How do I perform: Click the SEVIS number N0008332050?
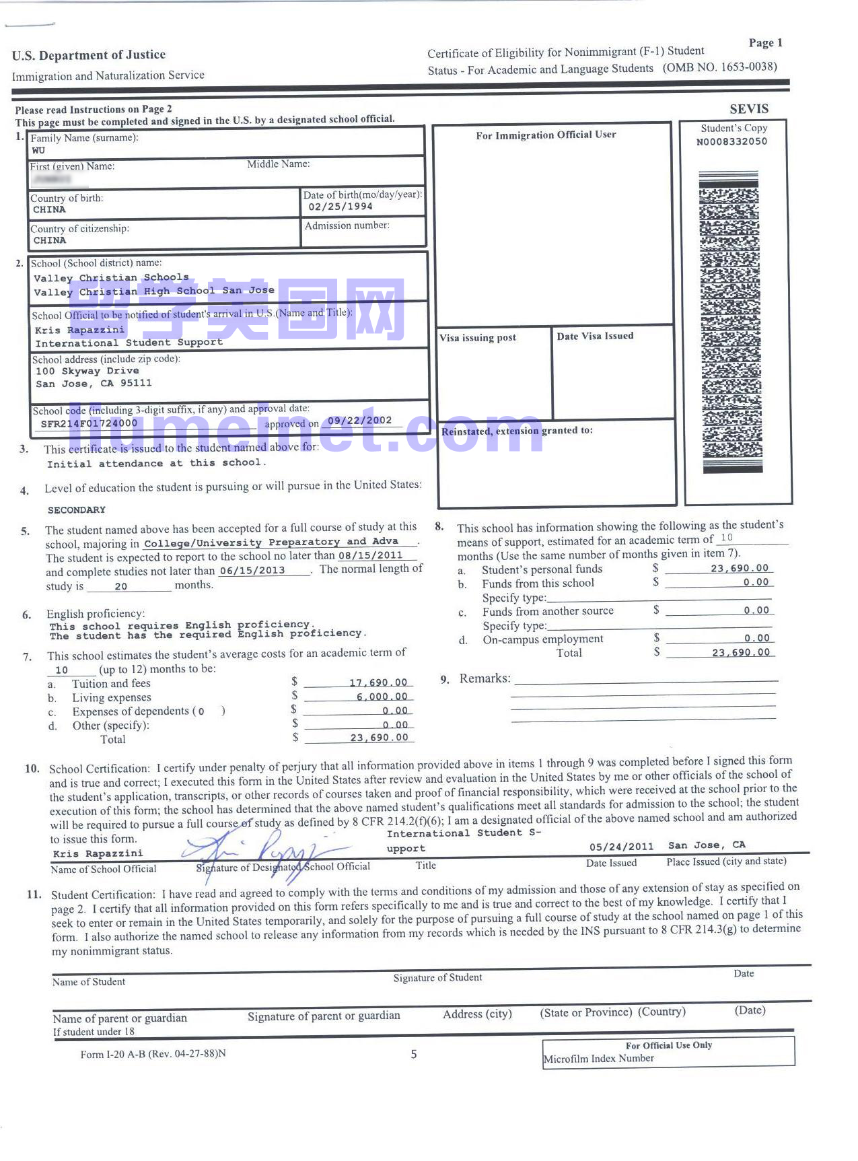click(731, 142)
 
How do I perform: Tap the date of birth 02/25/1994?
click(340, 207)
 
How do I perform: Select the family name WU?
click(38, 150)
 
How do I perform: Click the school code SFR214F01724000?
click(89, 423)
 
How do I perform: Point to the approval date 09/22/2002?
click(359, 421)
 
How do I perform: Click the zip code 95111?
click(136, 383)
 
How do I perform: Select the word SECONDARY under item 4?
click(77, 509)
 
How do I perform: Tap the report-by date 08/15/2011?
click(370, 556)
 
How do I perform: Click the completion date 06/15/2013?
click(252, 571)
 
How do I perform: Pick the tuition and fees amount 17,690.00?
click(378, 682)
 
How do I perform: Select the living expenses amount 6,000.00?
click(382, 697)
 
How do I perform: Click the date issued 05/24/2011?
click(621, 847)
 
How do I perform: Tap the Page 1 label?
click(765, 43)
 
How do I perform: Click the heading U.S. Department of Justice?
click(89, 55)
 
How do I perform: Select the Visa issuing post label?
click(478, 338)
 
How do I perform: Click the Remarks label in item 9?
click(485, 678)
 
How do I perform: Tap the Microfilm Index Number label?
click(598, 1059)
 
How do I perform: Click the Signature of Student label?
click(437, 977)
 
